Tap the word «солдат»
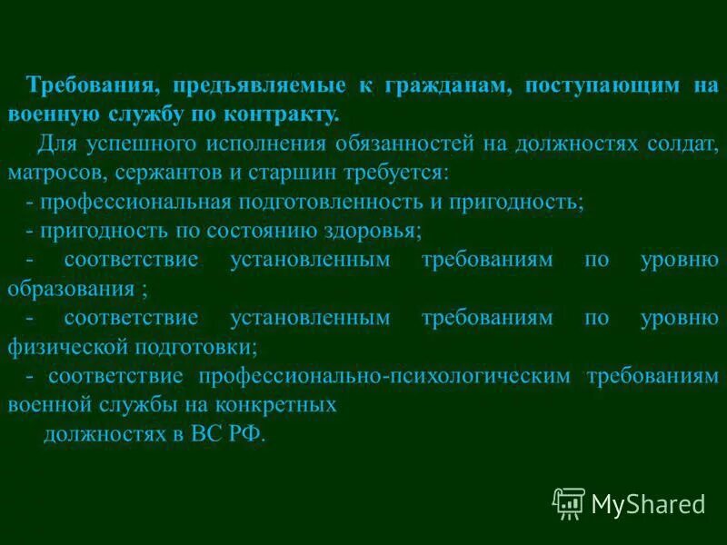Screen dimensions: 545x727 pos(683,144)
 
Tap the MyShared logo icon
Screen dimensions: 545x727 pos(569,502)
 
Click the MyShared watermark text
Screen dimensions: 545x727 pos(648,503)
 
